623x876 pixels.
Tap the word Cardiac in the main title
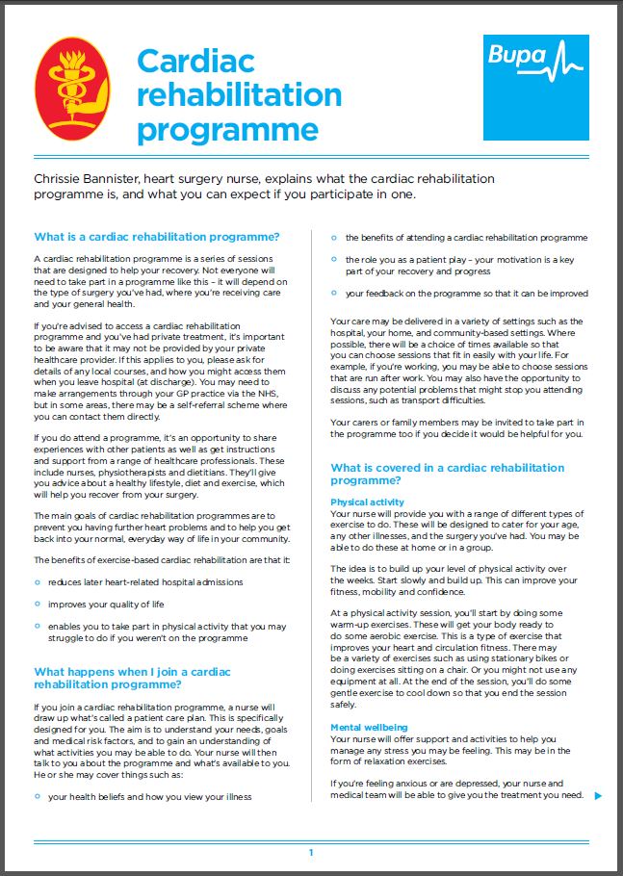point(195,61)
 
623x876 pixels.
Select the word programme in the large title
point(227,128)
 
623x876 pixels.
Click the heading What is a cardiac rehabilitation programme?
point(156,237)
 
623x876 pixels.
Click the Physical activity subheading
point(367,502)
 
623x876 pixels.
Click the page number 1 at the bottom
point(311,853)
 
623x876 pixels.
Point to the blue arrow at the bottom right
point(598,795)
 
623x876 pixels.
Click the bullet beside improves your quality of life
point(37,605)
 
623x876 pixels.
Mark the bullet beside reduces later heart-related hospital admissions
point(37,582)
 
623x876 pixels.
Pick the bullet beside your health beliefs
point(37,797)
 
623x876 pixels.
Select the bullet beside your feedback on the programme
point(333,294)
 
